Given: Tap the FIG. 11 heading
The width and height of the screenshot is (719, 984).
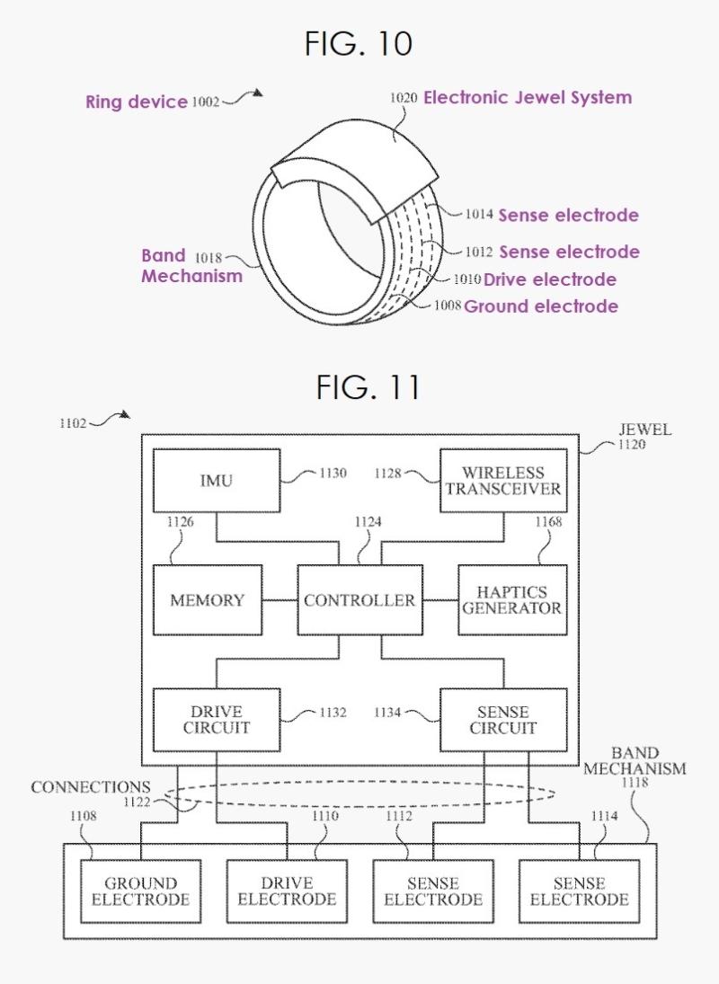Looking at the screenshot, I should [368, 386].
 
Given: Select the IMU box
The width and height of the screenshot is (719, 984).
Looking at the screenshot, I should [216, 480].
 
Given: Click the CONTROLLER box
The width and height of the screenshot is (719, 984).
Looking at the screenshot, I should [359, 600].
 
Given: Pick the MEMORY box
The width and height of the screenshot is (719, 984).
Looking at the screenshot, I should [207, 600].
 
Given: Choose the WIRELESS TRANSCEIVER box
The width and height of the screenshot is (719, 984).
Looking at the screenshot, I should [503, 480].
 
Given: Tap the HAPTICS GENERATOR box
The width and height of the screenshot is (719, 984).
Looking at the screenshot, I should [512, 600].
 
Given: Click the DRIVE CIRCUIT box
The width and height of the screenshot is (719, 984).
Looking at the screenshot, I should [216, 720].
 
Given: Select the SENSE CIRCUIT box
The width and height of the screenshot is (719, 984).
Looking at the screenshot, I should [503, 720].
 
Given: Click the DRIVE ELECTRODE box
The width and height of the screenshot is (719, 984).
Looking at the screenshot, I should [287, 891].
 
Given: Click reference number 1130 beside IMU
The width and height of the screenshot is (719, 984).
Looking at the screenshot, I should [333, 474].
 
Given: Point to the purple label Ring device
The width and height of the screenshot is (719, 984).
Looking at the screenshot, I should [136, 102].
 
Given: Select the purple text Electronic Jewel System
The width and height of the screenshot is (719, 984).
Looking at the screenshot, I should [528, 97].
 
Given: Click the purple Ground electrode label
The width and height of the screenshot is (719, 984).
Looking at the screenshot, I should [540, 306].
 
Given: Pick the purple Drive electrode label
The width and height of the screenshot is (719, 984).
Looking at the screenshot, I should [550, 279].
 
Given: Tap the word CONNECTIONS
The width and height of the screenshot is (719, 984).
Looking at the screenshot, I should [91, 787].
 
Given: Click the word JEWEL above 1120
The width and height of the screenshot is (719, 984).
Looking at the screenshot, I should [644, 430].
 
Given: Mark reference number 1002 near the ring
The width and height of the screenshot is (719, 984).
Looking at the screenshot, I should [205, 102].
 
